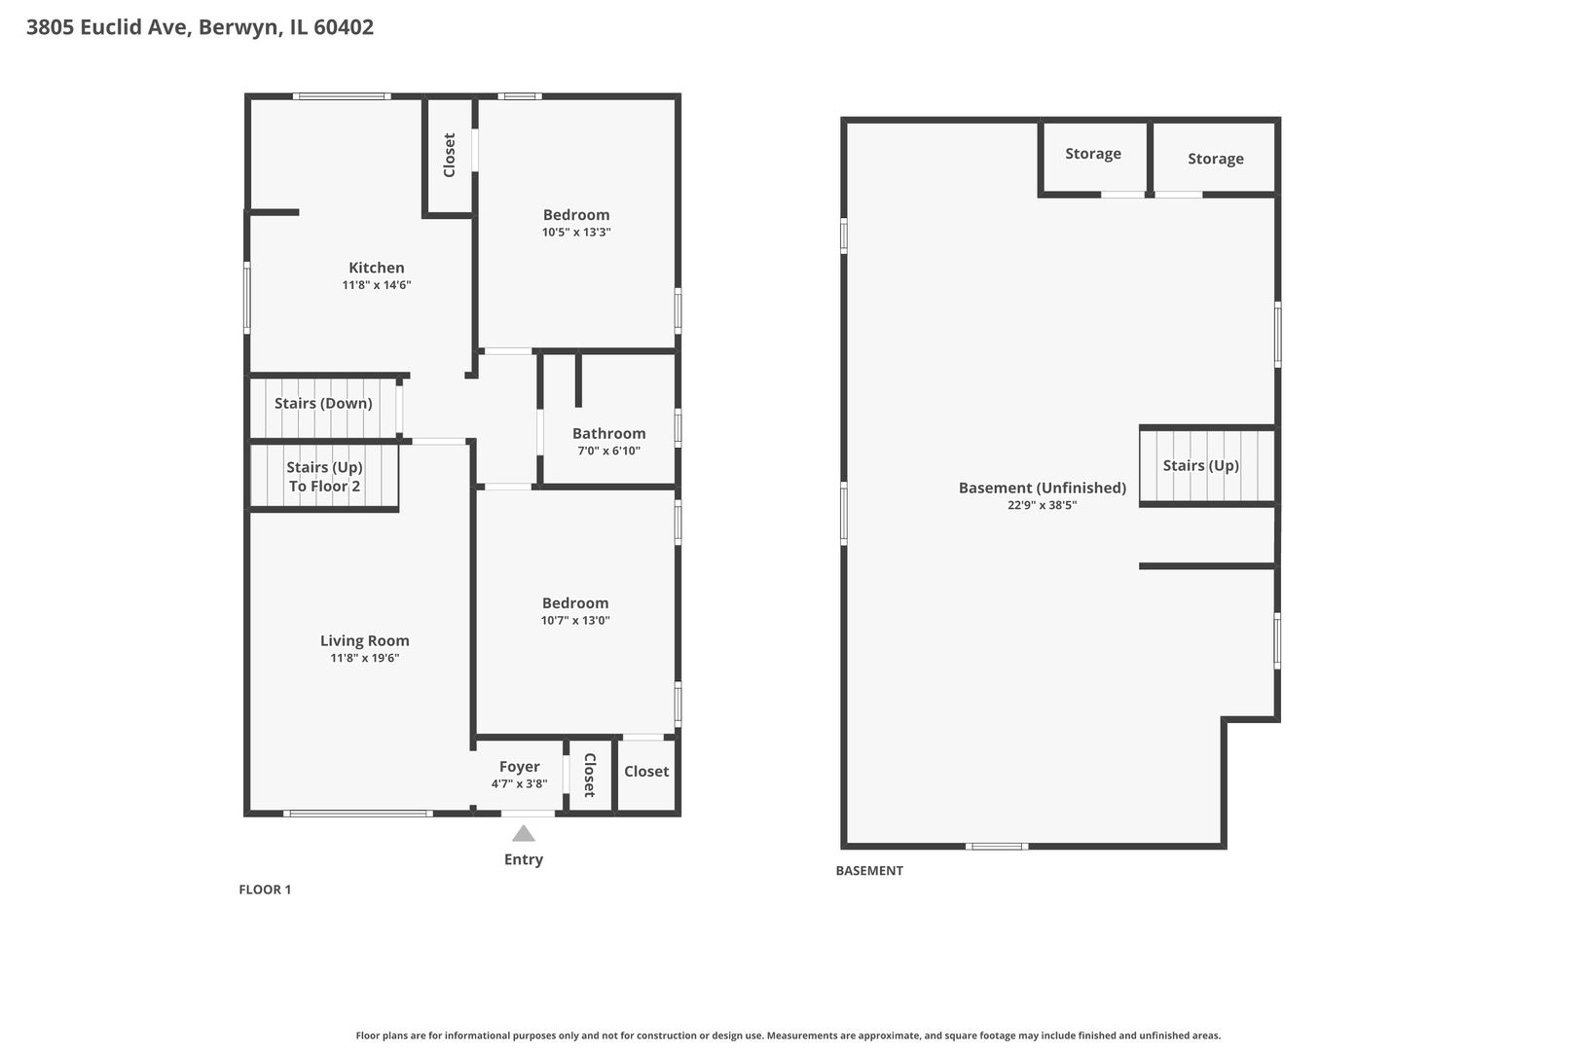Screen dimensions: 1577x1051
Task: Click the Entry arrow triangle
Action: [x=523, y=833]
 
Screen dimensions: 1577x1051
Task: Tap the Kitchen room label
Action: [x=377, y=268]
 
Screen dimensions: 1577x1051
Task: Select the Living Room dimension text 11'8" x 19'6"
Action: [x=365, y=658]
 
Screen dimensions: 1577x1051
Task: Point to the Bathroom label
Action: [x=609, y=434]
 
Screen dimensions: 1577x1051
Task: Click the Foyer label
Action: [x=520, y=767]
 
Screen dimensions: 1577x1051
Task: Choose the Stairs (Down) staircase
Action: [x=324, y=409]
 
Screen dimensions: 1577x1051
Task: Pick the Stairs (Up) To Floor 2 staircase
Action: [x=324, y=476]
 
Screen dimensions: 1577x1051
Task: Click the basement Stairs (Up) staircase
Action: [x=1207, y=465]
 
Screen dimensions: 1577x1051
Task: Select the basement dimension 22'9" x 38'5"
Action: [x=1042, y=505]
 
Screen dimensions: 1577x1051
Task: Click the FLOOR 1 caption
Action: [x=265, y=889]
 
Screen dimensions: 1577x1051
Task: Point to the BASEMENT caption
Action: [x=869, y=870]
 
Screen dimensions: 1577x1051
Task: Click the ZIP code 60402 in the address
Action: [x=344, y=26]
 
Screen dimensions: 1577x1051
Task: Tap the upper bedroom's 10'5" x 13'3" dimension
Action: [x=576, y=232]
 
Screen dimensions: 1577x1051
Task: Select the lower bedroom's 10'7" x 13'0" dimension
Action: [x=575, y=620]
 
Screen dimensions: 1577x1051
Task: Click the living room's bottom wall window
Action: [x=358, y=813]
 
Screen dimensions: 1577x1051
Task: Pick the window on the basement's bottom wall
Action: [x=996, y=846]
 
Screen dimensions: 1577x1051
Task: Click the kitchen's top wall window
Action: [x=342, y=96]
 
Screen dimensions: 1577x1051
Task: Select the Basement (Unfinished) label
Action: [x=1042, y=488]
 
